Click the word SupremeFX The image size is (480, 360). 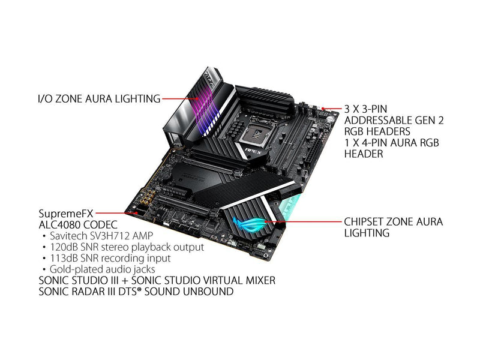66,214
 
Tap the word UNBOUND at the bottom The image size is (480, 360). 208,292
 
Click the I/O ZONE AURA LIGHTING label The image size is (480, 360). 99,99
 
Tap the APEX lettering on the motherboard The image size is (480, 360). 253,151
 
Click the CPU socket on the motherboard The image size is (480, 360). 254,130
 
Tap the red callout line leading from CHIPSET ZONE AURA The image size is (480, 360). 303,221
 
